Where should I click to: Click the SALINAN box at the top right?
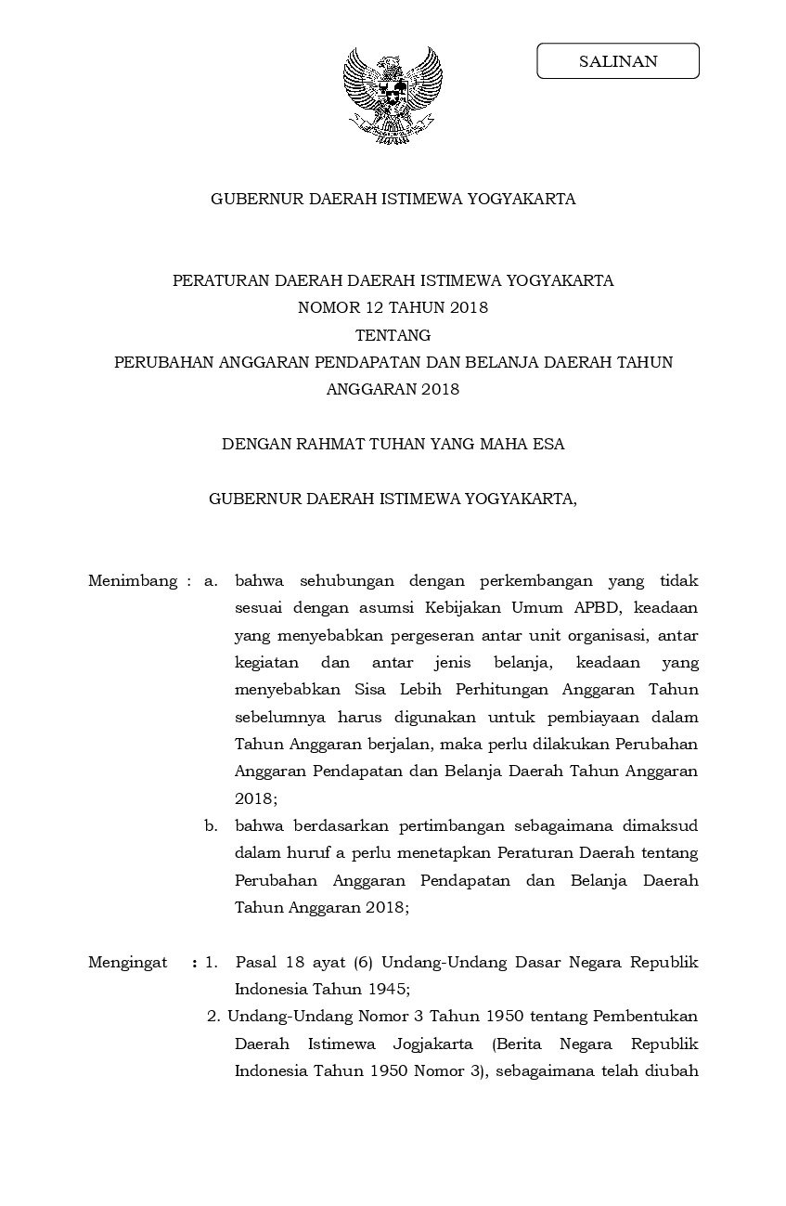pyautogui.click(x=618, y=61)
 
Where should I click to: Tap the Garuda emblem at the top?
pyautogui.click(x=393, y=96)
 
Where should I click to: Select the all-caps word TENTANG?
pyautogui.click(x=393, y=335)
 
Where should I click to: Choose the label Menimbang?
pyautogui.click(x=132, y=581)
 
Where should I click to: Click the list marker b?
pyautogui.click(x=212, y=825)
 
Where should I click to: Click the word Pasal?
pyautogui.click(x=256, y=962)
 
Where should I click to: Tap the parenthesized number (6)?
pyautogui.click(x=360, y=962)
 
